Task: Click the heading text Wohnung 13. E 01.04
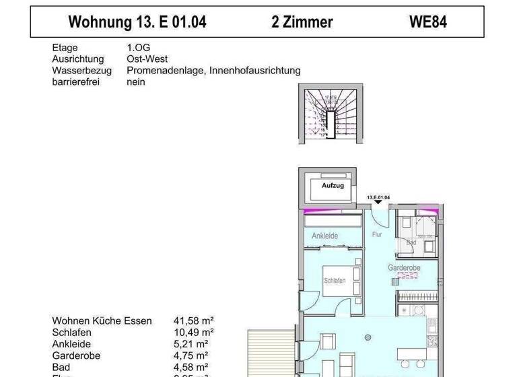137,22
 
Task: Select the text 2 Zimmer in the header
302,22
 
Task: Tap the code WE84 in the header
428,22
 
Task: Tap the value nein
135,81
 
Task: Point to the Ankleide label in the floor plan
324,236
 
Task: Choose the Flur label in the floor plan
377,235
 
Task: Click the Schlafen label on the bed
335,281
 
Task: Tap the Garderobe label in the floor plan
404,268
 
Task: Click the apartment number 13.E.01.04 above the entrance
378,198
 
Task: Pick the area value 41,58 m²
194,321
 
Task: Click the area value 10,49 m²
194,332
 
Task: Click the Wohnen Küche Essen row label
102,321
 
